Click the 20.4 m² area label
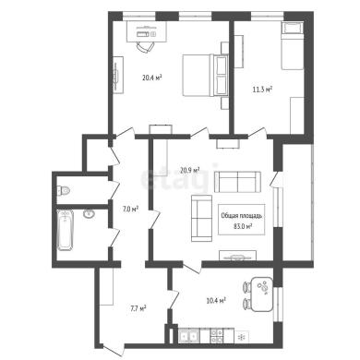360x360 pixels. pyautogui.click(x=152, y=78)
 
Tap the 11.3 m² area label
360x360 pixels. pyautogui.click(x=262, y=90)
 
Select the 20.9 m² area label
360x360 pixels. pyautogui.click(x=190, y=170)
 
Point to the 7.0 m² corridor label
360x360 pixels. pyautogui.click(x=130, y=210)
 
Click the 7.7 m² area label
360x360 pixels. pyautogui.click(x=138, y=308)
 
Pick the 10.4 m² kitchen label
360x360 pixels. pyautogui.click(x=217, y=300)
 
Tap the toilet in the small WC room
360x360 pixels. pyautogui.click(x=64, y=191)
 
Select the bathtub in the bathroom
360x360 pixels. pyautogui.click(x=66, y=230)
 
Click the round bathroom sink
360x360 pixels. pyautogui.click(x=89, y=213)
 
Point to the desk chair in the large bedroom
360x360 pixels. pyautogui.click(x=145, y=47)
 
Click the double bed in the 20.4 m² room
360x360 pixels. pyautogui.click(x=206, y=76)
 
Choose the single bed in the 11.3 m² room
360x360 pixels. pyautogui.click(x=293, y=45)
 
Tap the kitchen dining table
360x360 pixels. pyautogui.click(x=262, y=294)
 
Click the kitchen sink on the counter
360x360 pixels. pyautogui.click(x=189, y=336)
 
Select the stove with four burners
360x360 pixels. pyautogui.click(x=217, y=336)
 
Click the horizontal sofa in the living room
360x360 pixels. pyautogui.click(x=237, y=182)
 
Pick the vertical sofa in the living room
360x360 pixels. pyautogui.click(x=202, y=218)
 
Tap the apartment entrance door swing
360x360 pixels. pyautogui.click(x=114, y=349)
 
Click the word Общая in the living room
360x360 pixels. pyautogui.click(x=229, y=216)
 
